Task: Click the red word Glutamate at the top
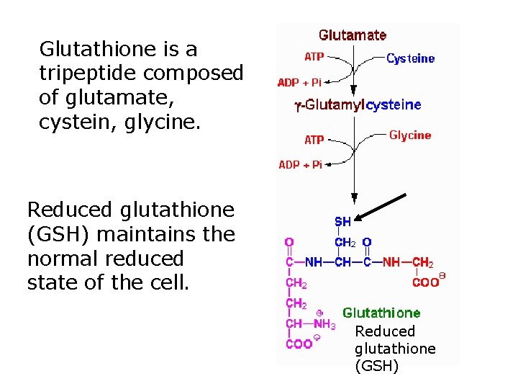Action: pyautogui.click(x=353, y=35)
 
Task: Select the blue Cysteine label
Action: pyautogui.click(x=411, y=59)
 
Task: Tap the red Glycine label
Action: pyautogui.click(x=410, y=135)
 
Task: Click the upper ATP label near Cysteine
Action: pyautogui.click(x=314, y=57)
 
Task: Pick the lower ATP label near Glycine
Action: pyautogui.click(x=314, y=140)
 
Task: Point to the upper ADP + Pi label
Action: pyautogui.click(x=299, y=83)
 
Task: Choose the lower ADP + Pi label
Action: pyautogui.click(x=300, y=165)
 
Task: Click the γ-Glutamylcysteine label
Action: pyautogui.click(x=358, y=105)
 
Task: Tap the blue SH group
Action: pyautogui.click(x=342, y=222)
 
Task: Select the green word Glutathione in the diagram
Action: pyautogui.click(x=381, y=313)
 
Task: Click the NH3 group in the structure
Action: pyautogui.click(x=324, y=324)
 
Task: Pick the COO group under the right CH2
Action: pyautogui.click(x=425, y=282)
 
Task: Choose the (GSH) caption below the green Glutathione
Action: pyautogui.click(x=376, y=366)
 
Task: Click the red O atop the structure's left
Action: pyautogui.click(x=288, y=243)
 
